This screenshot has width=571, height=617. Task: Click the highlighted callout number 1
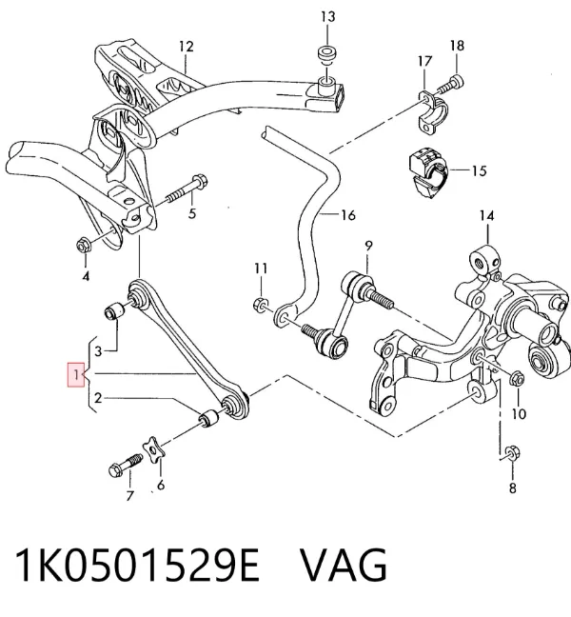[x=76, y=374]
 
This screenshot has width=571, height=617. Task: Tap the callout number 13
[x=327, y=16]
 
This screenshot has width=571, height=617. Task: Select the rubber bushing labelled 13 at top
[x=326, y=54]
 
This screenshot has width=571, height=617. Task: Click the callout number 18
[x=457, y=46]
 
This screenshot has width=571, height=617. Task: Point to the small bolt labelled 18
[x=451, y=85]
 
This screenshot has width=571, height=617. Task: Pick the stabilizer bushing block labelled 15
[x=428, y=172]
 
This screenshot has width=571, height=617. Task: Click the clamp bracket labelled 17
[x=432, y=110]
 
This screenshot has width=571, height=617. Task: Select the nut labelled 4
[x=83, y=246]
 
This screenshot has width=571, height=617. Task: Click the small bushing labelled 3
[x=114, y=310]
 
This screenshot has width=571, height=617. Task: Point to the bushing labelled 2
[x=208, y=419]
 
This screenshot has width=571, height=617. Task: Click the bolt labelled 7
[x=125, y=465]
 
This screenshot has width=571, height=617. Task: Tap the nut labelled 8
[x=511, y=453]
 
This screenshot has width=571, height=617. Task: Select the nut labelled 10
[x=517, y=379]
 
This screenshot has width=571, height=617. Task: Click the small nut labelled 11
[x=261, y=304]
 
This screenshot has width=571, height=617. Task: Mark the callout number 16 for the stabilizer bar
[x=348, y=215]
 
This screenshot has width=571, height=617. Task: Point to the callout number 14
[x=486, y=215]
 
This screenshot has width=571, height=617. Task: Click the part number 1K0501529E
[x=137, y=565]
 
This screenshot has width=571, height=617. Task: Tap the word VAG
[x=344, y=565]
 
